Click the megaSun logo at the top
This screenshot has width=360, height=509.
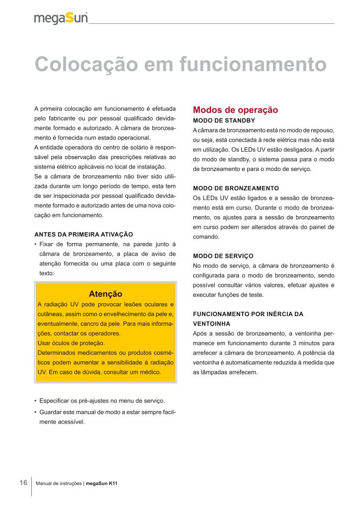pos(61,18)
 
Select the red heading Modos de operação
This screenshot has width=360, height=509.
pos(235,110)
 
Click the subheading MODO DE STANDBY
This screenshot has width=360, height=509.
pos(224,121)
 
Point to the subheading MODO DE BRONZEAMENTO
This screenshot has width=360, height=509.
pos(236,188)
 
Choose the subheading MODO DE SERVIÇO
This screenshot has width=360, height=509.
pos(223,256)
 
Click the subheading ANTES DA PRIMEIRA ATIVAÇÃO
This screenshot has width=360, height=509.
pos(84,234)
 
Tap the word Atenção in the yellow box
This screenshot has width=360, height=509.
pos(105,294)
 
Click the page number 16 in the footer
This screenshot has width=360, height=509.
pos(23,483)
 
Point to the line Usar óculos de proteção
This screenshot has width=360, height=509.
pos(71,343)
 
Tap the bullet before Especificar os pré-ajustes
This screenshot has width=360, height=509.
pos(36,401)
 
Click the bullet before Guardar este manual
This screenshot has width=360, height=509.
pos(36,412)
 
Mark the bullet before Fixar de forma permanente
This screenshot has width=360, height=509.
pos(36,244)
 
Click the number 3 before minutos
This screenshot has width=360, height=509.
pos(294,343)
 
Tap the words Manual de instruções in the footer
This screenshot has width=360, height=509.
pos(62,483)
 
